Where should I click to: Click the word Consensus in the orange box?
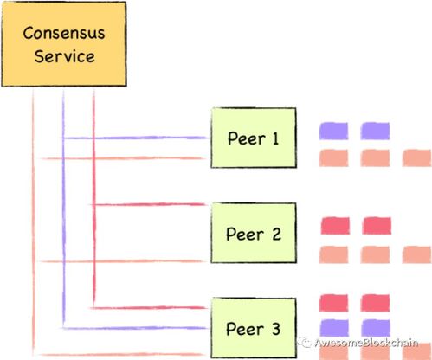pos(64,33)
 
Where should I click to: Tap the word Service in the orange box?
pos(64,56)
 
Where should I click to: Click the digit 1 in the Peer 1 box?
pos(275,138)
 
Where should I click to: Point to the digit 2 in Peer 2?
pos(276,234)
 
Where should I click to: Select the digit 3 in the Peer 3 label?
pos(276,329)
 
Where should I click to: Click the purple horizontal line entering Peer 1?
pos(135,138)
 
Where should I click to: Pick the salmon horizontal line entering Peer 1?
pos(123,158)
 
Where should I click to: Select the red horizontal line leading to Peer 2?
pos(150,204)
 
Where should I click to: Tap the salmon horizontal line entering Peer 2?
pos(122,261)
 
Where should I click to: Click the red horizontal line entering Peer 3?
pos(149,308)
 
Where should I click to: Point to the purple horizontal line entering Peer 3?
pos(135,328)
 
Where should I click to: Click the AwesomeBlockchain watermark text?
pos(366,343)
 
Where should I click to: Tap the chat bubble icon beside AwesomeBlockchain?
pos(304,343)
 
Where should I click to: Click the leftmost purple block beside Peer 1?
pos(333,131)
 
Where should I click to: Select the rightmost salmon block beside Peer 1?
pos(416,158)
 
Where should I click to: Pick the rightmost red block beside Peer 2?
pos(377,226)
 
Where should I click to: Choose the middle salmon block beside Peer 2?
pos(375,254)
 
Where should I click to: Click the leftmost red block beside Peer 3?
pos(333,303)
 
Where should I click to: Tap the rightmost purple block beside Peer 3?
pos(376,328)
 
